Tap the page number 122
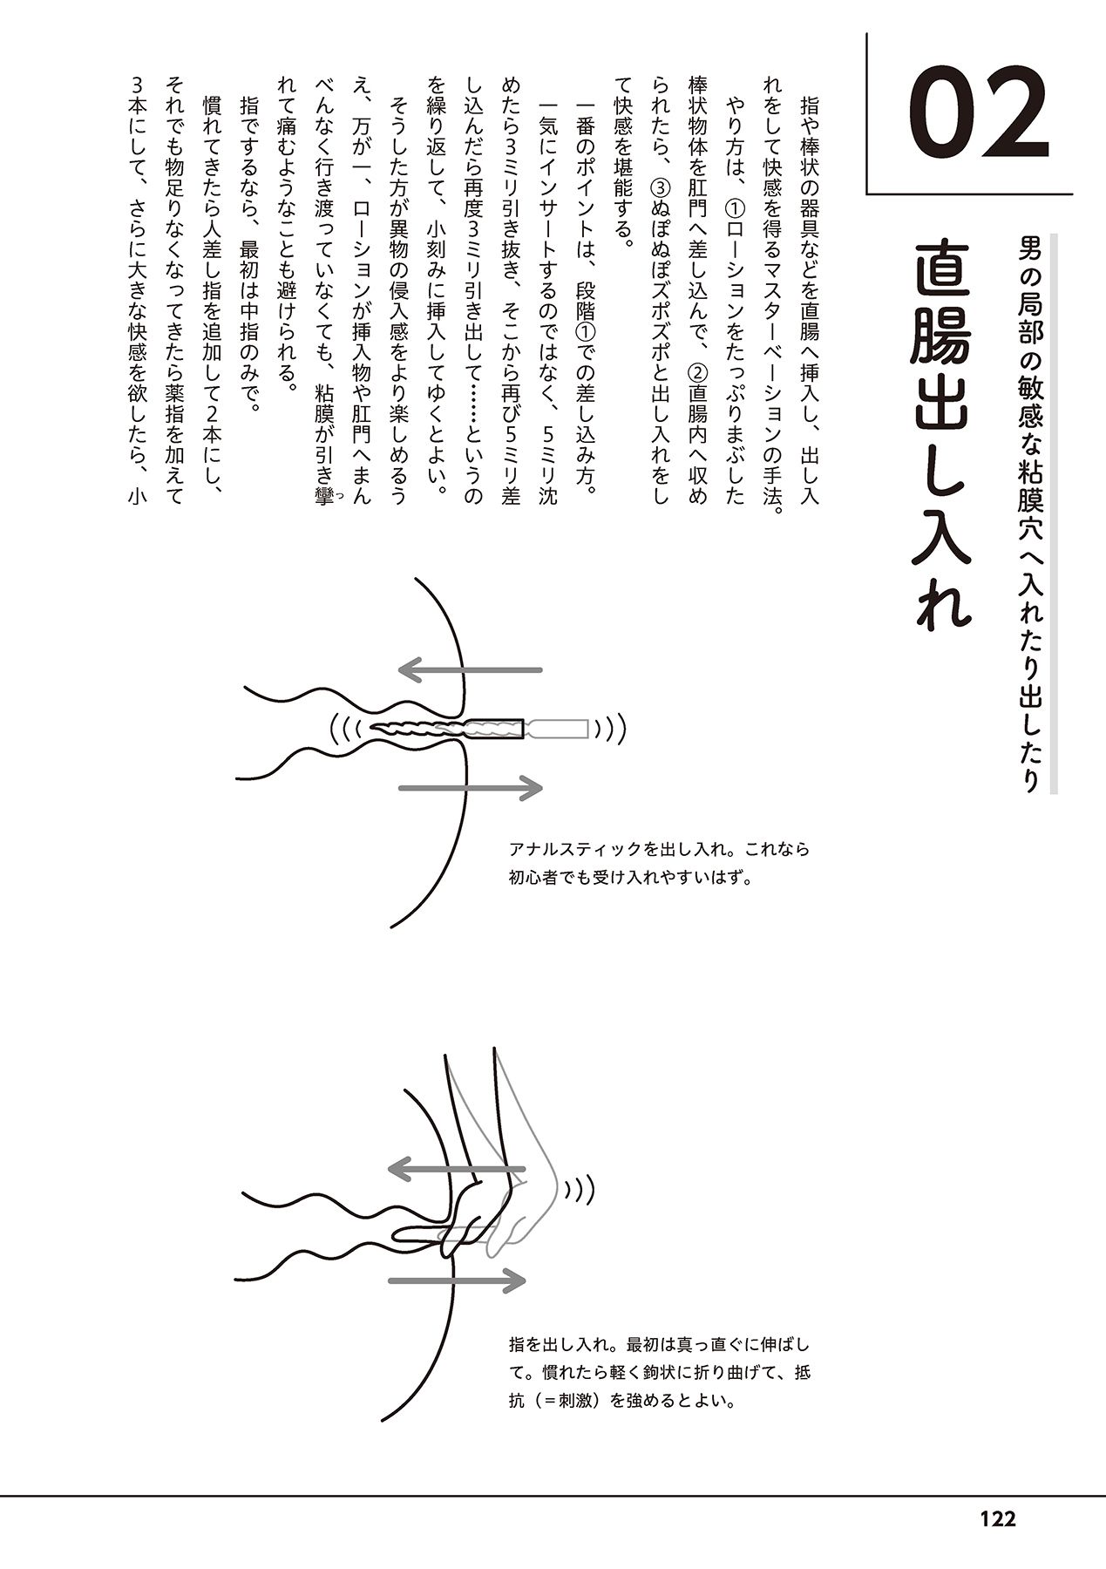click(997, 1519)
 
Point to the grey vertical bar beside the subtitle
click(1054, 514)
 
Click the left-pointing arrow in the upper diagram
click(470, 669)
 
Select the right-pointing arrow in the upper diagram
click(470, 788)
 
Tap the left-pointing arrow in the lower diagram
click(457, 1168)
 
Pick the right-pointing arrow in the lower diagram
click(457, 1280)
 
